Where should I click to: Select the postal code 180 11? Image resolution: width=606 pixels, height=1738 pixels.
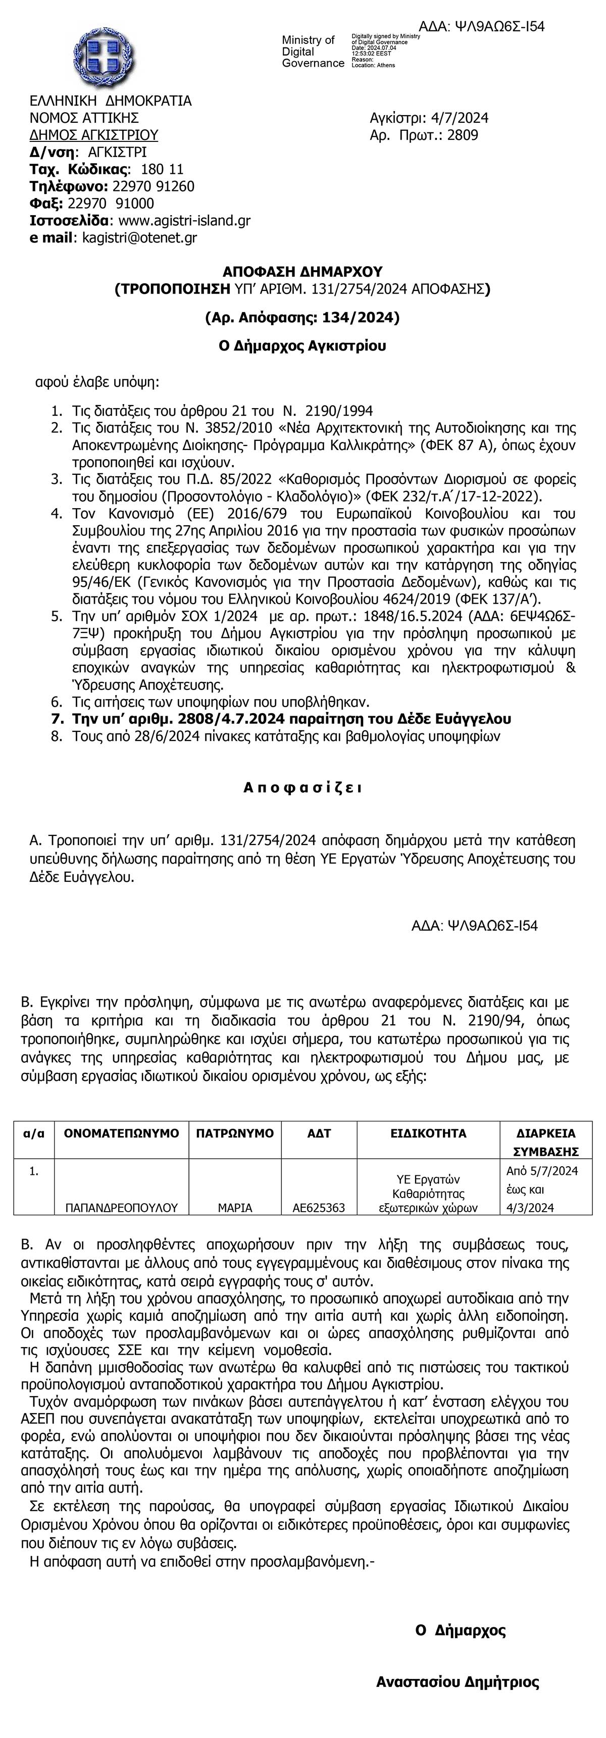162,169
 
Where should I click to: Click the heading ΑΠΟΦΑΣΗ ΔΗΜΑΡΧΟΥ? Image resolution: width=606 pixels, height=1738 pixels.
302,271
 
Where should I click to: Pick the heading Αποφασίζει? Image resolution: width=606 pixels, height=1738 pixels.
302,787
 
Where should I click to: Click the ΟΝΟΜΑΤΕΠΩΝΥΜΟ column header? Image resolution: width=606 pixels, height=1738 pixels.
122,1133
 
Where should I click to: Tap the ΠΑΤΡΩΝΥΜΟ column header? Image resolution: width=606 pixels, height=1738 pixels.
235,1133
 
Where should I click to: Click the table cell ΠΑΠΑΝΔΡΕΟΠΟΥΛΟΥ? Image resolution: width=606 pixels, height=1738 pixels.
122,1208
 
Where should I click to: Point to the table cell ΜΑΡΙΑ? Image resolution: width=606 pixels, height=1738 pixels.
235,1208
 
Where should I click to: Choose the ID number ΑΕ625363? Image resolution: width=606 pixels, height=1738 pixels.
319,1208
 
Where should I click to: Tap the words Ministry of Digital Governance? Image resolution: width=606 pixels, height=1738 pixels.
313,52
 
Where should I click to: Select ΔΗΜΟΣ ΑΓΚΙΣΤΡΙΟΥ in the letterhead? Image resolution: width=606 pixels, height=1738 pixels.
94,135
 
